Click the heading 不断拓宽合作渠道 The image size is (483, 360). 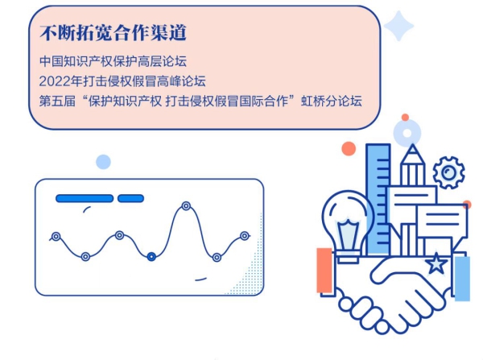point(113,33)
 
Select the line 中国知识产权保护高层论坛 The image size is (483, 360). point(113,61)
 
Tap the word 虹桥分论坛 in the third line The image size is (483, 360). point(332,101)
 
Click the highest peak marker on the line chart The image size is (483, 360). point(186,206)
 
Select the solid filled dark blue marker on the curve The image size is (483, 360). point(151,256)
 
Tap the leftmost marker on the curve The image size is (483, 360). point(56,237)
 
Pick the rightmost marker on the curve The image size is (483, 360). point(245,236)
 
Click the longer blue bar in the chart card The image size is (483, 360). point(85,198)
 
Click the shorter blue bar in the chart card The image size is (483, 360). point(131,198)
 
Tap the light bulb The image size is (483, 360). point(348,226)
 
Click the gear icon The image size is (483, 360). point(449,172)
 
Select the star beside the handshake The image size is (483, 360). point(436,263)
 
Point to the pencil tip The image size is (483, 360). point(412,145)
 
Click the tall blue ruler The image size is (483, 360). point(378,199)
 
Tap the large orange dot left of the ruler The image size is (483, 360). point(349,148)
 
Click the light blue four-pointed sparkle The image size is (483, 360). point(398,26)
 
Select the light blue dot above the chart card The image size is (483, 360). point(103,162)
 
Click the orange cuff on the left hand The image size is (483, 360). point(324,271)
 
